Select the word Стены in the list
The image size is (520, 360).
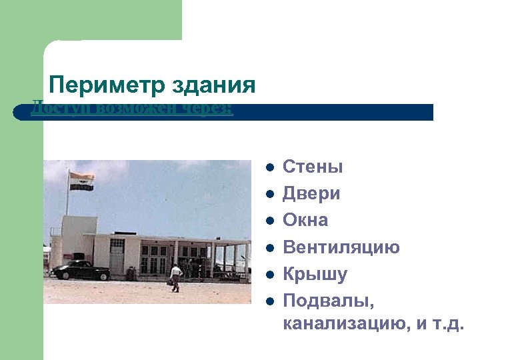point(313,167)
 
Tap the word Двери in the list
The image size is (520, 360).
point(311,193)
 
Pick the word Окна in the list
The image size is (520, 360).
point(305,220)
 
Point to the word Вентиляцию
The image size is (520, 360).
point(341,247)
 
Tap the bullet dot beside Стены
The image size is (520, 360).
point(269,167)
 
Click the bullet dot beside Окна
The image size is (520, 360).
point(269,220)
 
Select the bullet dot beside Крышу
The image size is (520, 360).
point(269,274)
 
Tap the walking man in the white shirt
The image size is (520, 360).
point(175,276)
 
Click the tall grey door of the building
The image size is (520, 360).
point(117,257)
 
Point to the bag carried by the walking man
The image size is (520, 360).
point(171,283)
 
